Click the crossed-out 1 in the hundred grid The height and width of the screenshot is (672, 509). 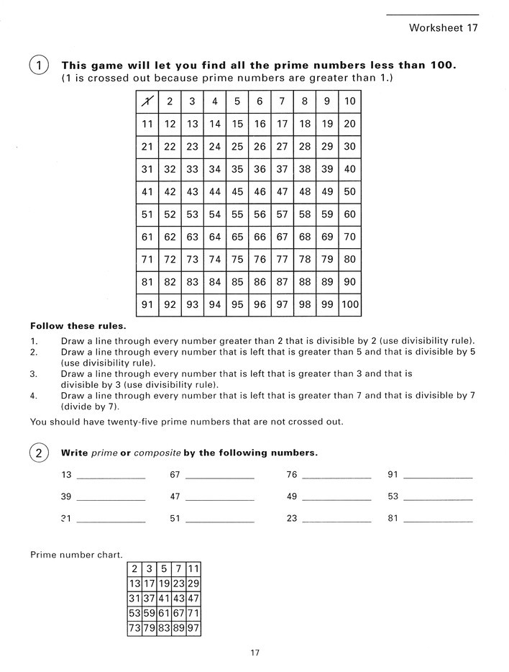tap(147, 101)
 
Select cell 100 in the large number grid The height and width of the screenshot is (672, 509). tap(349, 304)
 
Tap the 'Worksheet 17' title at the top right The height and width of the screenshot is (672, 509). tap(443, 28)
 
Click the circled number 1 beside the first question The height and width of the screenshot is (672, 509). tap(39, 65)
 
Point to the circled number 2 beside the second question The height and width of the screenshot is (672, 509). tap(39, 453)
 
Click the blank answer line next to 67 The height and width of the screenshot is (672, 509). tap(219, 478)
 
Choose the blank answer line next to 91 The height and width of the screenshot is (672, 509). tap(439, 478)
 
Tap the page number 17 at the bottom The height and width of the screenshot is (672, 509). tap(254, 653)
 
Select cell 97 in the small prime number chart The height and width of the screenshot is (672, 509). tap(193, 629)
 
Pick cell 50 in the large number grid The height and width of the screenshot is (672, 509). tap(349, 191)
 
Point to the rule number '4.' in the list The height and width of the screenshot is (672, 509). tap(34, 395)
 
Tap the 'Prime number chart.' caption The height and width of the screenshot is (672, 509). tap(75, 555)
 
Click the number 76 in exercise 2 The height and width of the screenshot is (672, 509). tap(291, 475)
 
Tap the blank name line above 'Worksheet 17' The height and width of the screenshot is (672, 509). tap(432, 14)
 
